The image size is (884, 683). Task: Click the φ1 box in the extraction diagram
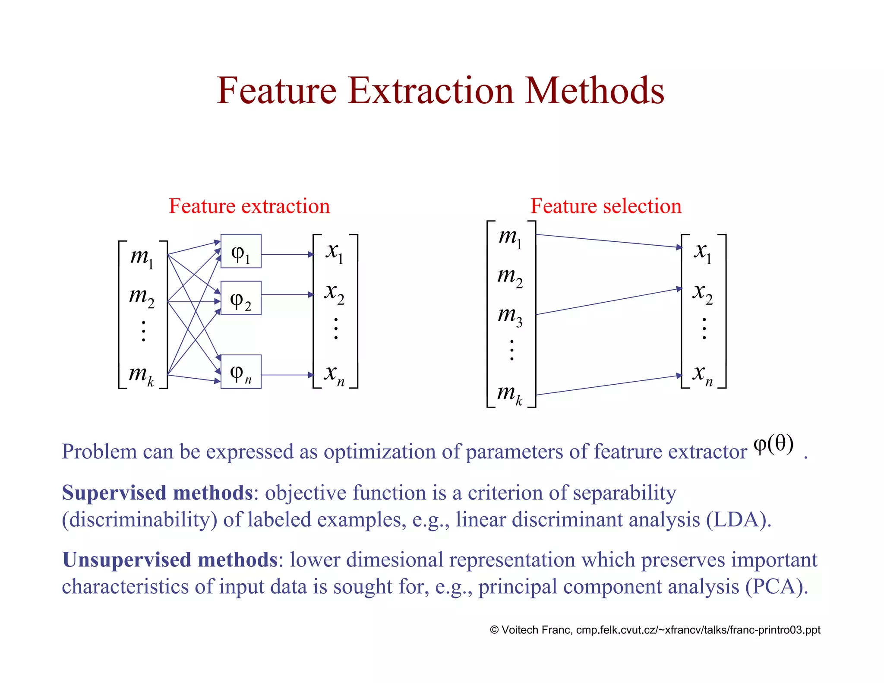[241, 251]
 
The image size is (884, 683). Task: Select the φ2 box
[241, 298]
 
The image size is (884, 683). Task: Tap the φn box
[241, 372]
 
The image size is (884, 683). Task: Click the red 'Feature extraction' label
[249, 206]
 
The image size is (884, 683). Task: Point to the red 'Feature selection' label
[606, 206]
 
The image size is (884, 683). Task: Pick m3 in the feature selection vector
[510, 316]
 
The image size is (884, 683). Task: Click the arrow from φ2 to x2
[287, 294]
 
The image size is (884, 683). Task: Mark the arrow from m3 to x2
[609, 301]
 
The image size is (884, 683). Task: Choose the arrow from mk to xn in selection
[609, 385]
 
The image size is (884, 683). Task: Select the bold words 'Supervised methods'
[157, 493]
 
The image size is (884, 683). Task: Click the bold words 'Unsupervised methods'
[170, 560]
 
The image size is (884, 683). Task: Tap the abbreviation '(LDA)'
[738, 519]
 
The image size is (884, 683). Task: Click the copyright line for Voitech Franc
[655, 630]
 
